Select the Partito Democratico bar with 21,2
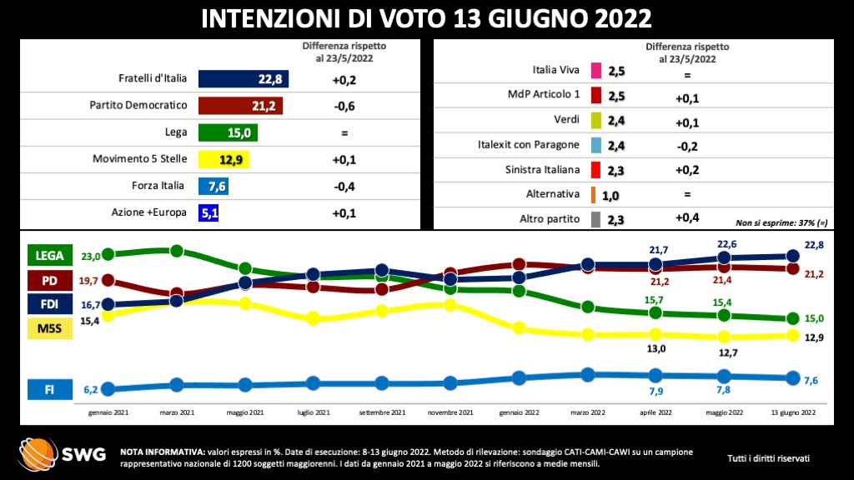click(241, 106)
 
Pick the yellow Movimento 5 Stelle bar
click(224, 159)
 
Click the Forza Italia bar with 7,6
click(213, 186)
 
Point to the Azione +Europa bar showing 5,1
click(208, 212)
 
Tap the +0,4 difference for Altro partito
click(688, 218)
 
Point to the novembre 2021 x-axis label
click(450, 412)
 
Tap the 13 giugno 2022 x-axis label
click(793, 412)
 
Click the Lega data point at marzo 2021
click(177, 251)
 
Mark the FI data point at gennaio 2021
click(108, 388)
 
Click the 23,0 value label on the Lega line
click(90, 257)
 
